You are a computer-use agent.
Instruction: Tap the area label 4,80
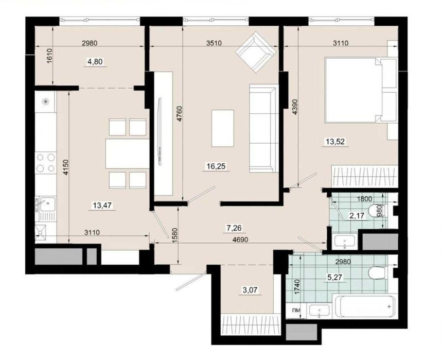click(x=95, y=61)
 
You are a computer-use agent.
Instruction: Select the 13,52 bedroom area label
click(x=335, y=141)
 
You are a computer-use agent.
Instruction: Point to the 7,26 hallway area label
click(x=234, y=228)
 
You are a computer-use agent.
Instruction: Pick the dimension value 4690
click(x=241, y=240)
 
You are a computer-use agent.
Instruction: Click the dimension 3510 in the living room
click(x=214, y=43)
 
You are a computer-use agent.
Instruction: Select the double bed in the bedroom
click(x=361, y=90)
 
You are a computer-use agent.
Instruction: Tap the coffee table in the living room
click(x=223, y=128)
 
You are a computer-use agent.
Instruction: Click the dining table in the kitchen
click(x=128, y=154)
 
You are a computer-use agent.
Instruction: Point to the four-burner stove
click(x=46, y=163)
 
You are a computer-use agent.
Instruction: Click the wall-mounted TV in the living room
click(x=160, y=131)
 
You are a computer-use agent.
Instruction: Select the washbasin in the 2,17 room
click(x=344, y=242)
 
